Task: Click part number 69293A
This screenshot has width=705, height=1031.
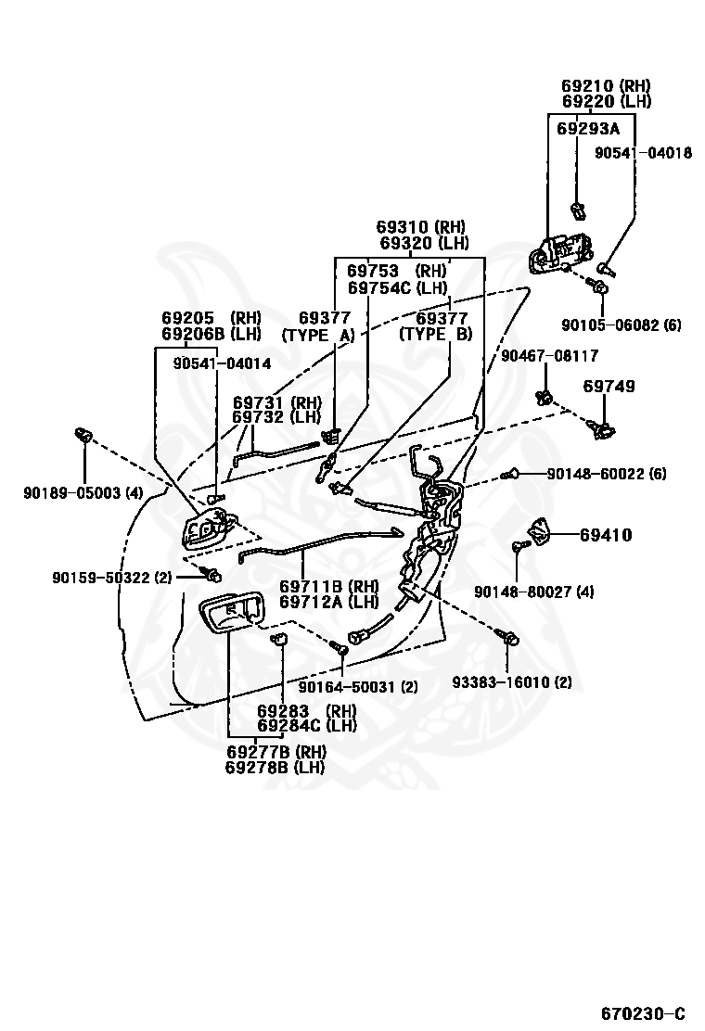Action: pyautogui.click(x=588, y=128)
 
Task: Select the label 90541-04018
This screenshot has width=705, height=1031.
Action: pyautogui.click(x=643, y=153)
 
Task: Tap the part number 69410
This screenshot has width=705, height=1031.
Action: pyautogui.click(x=606, y=535)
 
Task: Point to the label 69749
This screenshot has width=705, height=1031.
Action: pyautogui.click(x=609, y=386)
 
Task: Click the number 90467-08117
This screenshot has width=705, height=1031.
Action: pyautogui.click(x=550, y=356)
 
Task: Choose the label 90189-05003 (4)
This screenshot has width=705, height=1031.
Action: pyautogui.click(x=83, y=492)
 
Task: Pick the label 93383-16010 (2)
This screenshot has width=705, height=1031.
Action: pyautogui.click(x=512, y=681)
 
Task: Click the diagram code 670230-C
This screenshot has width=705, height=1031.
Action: pyautogui.click(x=643, y=1012)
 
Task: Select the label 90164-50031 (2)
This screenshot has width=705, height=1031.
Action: pyautogui.click(x=358, y=686)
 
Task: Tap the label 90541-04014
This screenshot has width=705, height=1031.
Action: pyautogui.click(x=223, y=363)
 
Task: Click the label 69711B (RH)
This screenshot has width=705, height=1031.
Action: pyautogui.click(x=328, y=587)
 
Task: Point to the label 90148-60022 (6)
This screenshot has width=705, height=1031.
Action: pyautogui.click(x=607, y=474)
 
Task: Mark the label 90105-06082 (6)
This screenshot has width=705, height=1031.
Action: pyautogui.click(x=621, y=325)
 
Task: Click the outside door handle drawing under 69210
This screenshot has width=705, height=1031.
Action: pyautogui.click(x=559, y=252)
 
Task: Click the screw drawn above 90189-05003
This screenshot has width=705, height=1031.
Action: pyautogui.click(x=83, y=435)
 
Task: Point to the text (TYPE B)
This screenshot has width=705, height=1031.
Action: pyautogui.click(x=436, y=334)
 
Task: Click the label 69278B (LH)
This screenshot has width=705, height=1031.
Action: pyautogui.click(x=275, y=767)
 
